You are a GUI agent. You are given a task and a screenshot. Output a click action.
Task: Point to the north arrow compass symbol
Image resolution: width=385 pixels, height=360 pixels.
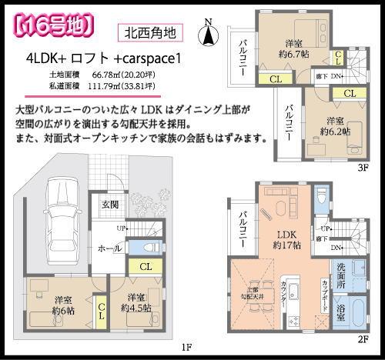(207, 34)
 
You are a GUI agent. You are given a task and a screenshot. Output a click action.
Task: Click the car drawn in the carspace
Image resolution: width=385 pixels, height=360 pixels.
(59, 212)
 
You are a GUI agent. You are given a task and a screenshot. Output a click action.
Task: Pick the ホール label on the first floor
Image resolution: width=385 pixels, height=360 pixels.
(107, 248)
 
